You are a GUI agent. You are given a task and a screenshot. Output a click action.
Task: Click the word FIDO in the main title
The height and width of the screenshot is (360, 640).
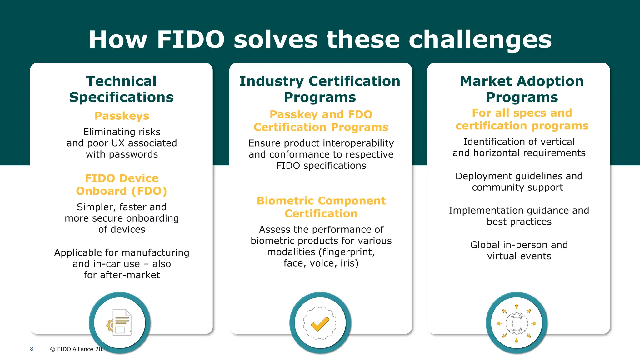(x=191, y=40)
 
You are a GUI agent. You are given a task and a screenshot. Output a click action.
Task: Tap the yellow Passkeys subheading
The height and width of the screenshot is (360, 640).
(x=122, y=116)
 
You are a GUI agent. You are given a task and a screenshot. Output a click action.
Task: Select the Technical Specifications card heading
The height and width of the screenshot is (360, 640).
(x=121, y=89)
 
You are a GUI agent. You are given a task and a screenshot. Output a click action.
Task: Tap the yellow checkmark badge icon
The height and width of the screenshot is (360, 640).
(x=320, y=323)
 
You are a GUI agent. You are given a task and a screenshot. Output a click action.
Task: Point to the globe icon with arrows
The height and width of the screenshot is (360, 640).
(x=517, y=323)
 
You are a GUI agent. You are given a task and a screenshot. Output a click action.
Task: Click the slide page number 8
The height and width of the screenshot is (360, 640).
(x=32, y=349)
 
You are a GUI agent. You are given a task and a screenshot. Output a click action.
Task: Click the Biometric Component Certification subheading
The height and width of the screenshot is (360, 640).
(x=321, y=207)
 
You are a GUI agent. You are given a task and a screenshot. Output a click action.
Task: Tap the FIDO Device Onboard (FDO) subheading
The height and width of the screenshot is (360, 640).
(x=122, y=184)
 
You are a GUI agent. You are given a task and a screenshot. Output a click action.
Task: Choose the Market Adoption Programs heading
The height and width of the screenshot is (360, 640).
(x=522, y=89)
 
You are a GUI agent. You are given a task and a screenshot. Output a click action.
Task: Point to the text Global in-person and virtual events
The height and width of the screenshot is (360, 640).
(x=519, y=250)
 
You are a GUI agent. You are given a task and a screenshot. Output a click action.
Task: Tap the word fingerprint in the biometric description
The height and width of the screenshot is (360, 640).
(x=347, y=252)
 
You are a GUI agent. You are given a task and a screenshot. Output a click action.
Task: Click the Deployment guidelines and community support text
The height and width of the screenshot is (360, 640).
(x=519, y=182)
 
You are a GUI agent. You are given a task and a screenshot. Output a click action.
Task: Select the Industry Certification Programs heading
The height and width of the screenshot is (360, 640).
(x=320, y=89)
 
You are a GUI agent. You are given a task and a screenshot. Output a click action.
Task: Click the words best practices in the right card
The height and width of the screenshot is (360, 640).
(x=519, y=222)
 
